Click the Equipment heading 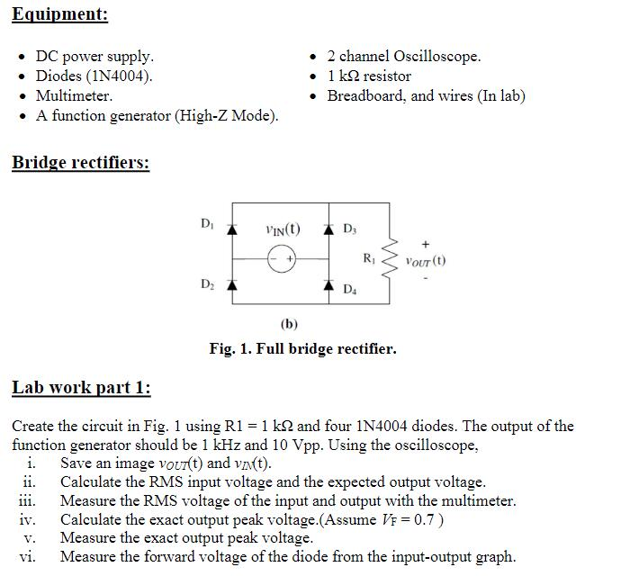(59, 14)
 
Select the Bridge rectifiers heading (80, 163)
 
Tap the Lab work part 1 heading (81, 387)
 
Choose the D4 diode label (349, 289)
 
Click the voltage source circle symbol (283, 258)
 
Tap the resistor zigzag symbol (391, 257)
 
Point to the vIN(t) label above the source (283, 229)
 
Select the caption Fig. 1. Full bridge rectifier (302, 348)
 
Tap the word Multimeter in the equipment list (74, 95)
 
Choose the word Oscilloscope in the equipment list (436, 56)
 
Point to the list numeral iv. (27, 520)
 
